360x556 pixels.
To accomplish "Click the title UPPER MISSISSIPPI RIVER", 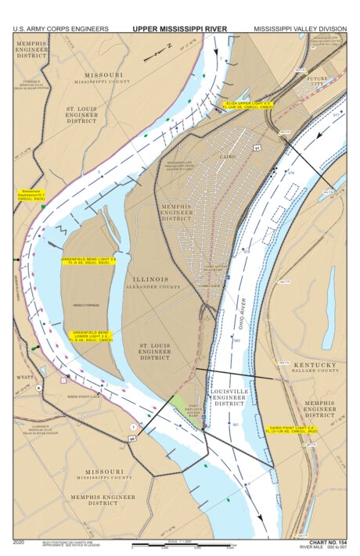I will tap(179, 29).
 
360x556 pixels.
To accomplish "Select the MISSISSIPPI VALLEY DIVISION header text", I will tap(299, 29).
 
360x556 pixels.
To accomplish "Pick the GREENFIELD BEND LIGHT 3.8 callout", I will tap(88, 260).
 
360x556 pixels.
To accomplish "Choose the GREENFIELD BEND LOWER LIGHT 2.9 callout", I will tap(92, 335).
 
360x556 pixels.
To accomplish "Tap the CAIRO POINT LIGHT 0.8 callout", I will tap(290, 429).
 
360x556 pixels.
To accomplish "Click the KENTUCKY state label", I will tap(315, 364).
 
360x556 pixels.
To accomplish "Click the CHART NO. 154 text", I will tap(327, 541).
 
